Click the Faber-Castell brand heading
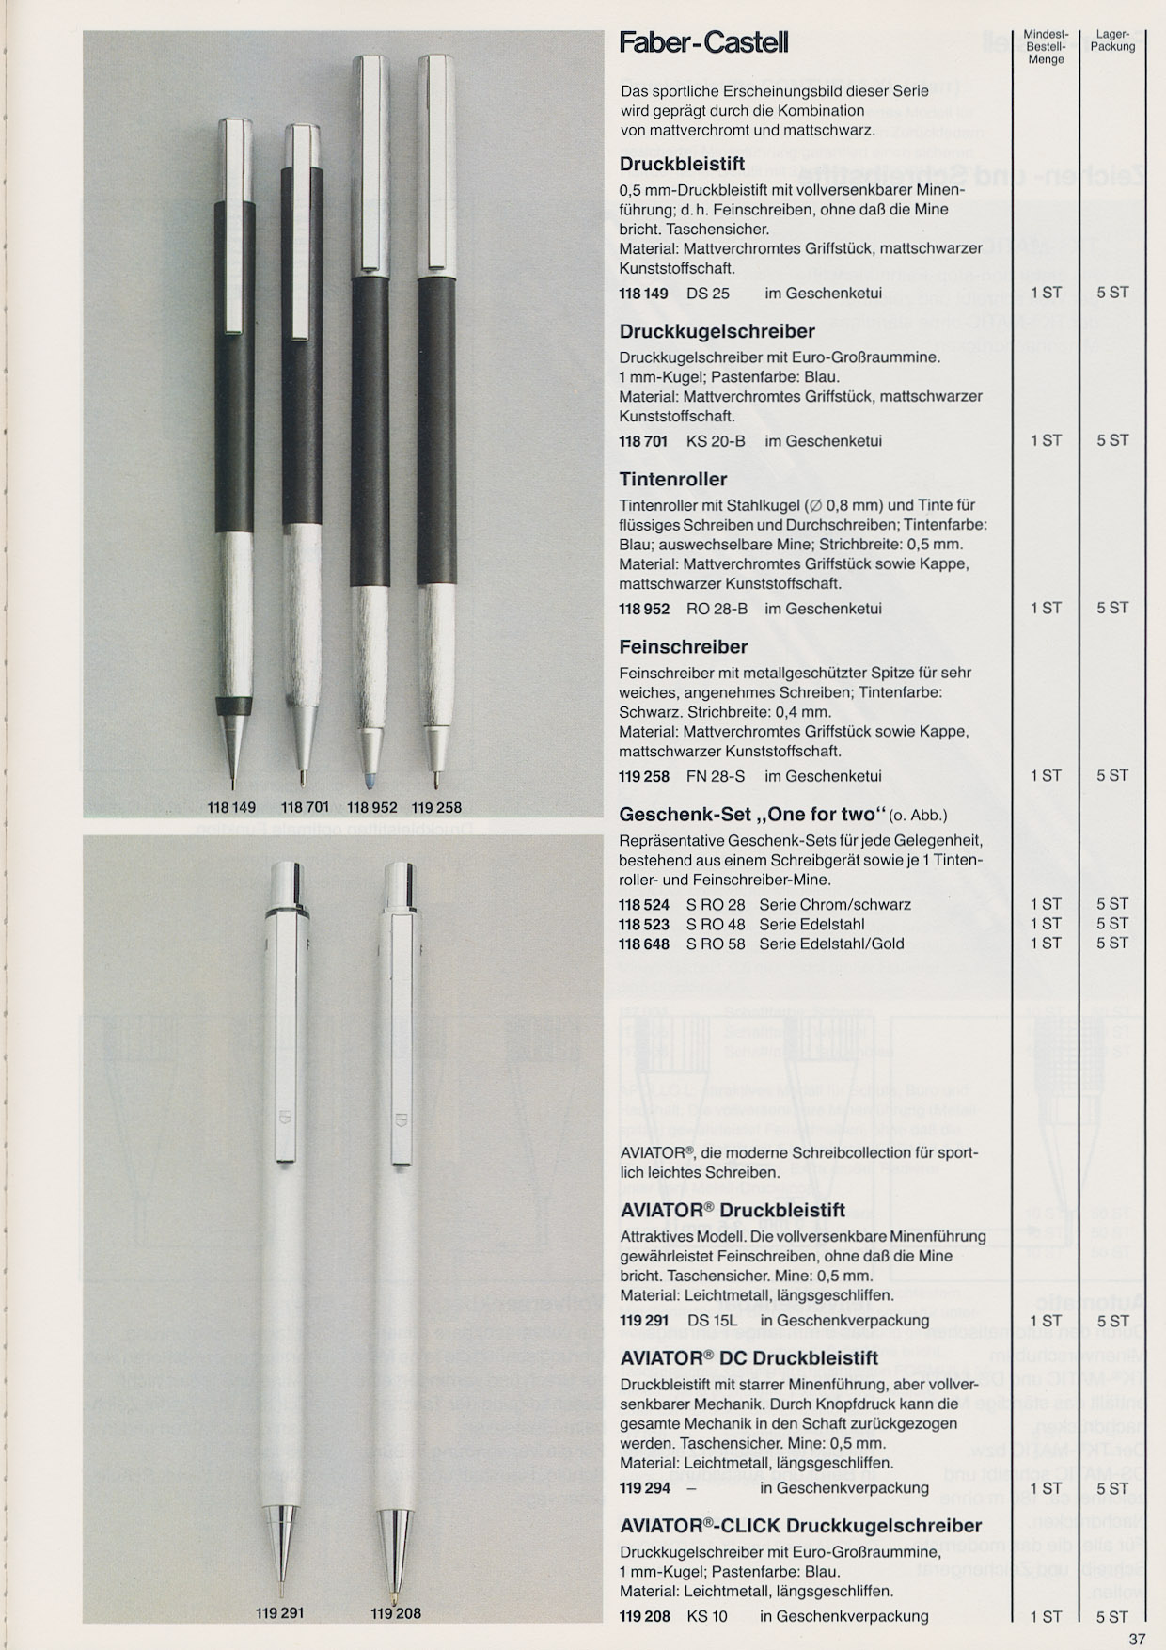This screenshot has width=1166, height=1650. [x=703, y=43]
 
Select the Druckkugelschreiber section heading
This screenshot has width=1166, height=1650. [x=717, y=331]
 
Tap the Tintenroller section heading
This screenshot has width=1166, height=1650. [x=672, y=480]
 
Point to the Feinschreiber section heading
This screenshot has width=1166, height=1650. [x=684, y=647]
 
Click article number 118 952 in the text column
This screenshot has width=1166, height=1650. [x=644, y=609]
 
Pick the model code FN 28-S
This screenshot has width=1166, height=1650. [x=715, y=776]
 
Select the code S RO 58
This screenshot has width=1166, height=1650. [x=716, y=944]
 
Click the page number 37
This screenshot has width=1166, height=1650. [x=1137, y=1639]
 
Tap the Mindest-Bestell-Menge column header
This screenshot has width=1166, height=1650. [x=1045, y=46]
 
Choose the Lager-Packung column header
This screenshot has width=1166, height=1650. [x=1112, y=40]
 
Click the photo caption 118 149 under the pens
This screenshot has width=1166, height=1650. [x=232, y=807]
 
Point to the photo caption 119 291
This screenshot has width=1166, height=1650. [x=280, y=1612]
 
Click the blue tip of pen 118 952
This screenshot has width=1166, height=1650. [x=366, y=779]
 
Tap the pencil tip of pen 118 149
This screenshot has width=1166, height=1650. [x=234, y=762]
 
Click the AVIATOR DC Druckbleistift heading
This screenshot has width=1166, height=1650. [x=748, y=1357]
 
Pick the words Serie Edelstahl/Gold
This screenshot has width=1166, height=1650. [x=831, y=944]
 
